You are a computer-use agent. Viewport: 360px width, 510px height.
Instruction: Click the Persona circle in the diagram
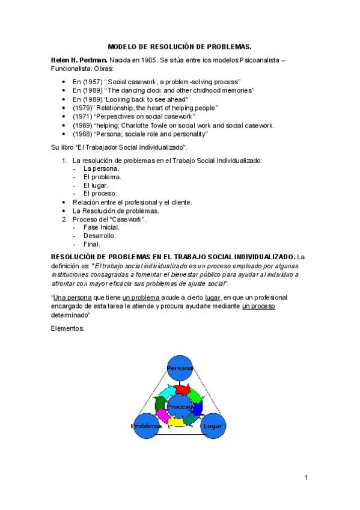pos(179,367)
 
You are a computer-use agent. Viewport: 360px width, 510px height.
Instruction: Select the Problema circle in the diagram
pos(147,426)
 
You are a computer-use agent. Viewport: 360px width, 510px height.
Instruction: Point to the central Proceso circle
pos(180,407)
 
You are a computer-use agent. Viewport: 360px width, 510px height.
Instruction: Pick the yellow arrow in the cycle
pos(177,422)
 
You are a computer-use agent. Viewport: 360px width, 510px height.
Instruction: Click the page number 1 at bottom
pos(306,478)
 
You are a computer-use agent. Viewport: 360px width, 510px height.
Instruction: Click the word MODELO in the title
pos(123,46)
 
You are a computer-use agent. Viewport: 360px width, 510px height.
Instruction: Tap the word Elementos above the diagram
pos(69,329)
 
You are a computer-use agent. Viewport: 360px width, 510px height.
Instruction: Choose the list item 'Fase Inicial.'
pos(102,227)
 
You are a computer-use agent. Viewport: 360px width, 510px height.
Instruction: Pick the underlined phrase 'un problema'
pos(141,298)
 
